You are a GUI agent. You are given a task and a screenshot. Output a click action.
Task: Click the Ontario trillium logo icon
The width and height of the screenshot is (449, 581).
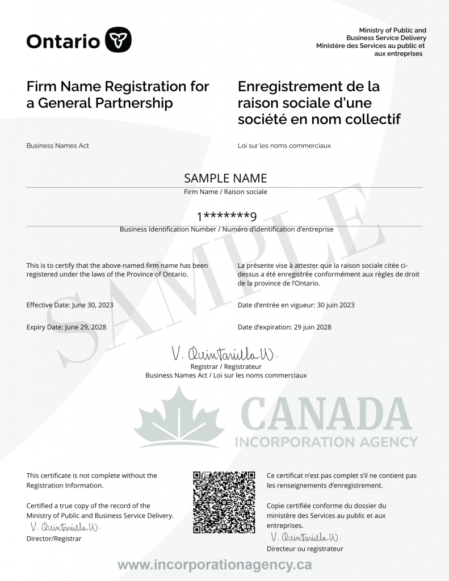(119, 39)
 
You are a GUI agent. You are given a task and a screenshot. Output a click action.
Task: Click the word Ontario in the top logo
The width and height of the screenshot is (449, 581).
(63, 40)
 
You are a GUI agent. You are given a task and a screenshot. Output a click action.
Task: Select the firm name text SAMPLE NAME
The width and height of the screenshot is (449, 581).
(225, 178)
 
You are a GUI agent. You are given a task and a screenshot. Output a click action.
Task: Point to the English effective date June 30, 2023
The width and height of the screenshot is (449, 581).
(93, 305)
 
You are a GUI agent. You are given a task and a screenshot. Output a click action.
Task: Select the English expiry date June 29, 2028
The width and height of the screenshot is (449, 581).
(86, 327)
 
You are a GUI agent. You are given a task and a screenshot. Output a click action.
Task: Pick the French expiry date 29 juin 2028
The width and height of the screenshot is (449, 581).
(312, 327)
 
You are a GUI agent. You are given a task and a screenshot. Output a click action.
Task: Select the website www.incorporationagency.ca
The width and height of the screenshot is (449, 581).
(215, 565)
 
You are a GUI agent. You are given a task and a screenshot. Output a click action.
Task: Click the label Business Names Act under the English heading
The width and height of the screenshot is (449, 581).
(57, 145)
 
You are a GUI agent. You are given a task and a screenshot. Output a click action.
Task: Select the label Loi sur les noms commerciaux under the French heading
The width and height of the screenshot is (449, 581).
(284, 145)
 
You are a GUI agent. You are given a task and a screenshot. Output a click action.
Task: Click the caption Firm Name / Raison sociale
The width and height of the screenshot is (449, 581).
(225, 192)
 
